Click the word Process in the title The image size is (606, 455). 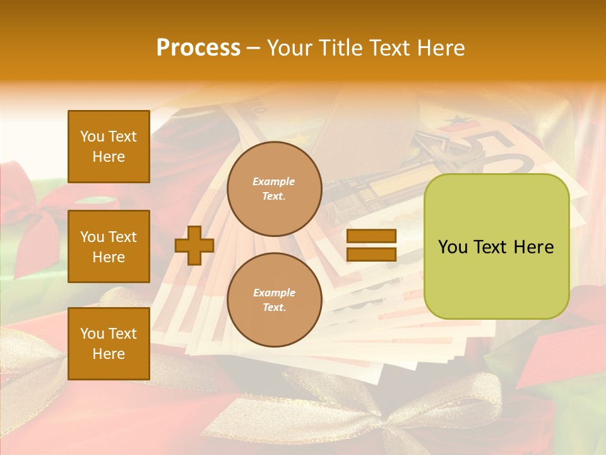(198, 48)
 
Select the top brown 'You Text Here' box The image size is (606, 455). (109, 147)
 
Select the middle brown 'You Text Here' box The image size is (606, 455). (109, 246)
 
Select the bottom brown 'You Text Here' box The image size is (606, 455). (109, 343)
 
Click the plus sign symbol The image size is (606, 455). (194, 245)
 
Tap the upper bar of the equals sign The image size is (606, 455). (371, 236)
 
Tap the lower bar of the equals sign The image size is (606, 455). (371, 254)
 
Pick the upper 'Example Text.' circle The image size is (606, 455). (274, 188)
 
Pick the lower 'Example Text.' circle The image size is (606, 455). (274, 300)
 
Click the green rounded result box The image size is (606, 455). (496, 246)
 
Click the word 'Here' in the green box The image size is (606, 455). (534, 247)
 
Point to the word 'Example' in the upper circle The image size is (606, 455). (274, 181)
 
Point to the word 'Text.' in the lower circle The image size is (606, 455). (274, 307)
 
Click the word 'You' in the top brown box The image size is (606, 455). (92, 136)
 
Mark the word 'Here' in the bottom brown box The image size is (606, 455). (109, 354)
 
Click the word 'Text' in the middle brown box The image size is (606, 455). (122, 237)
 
